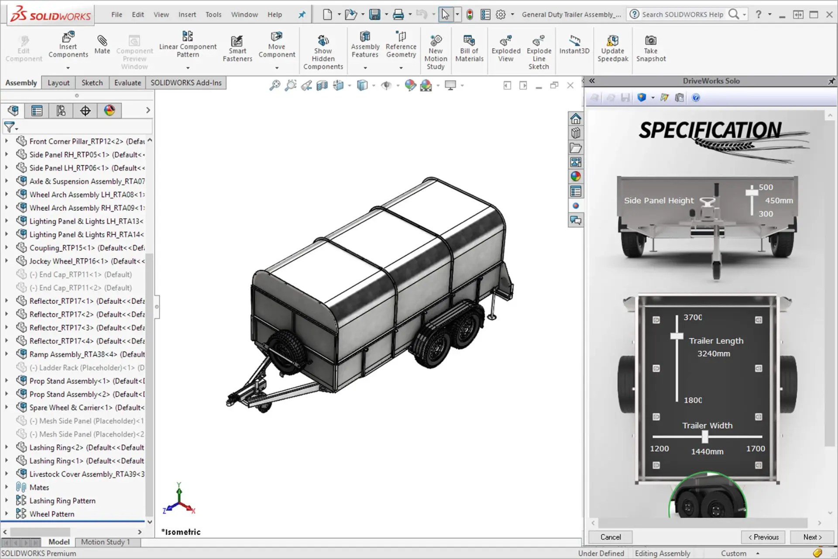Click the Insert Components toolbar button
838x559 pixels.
68,45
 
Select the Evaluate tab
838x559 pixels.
127,82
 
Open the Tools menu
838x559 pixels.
213,14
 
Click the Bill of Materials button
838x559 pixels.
469,49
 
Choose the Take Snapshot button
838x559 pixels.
651,49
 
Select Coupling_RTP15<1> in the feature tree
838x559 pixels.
86,248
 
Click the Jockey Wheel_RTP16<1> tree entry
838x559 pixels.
86,261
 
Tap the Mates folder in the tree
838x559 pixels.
39,487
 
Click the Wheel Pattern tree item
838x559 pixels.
52,514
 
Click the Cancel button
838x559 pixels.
610,537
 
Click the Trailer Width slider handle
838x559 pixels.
705,436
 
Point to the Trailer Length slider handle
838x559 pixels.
677,336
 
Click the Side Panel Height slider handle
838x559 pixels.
752,192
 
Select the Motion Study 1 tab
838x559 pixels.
106,542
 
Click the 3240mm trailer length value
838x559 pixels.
714,353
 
